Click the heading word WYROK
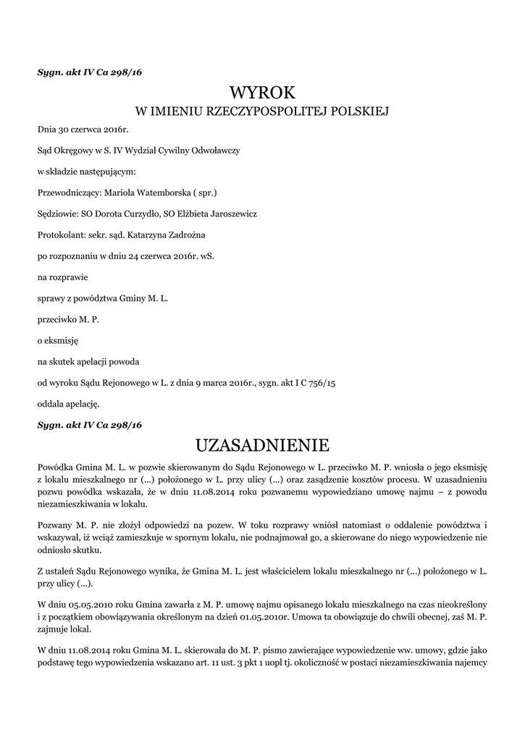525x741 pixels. (262, 93)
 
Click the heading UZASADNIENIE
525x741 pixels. (262, 444)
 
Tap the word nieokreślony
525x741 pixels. (458, 604)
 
